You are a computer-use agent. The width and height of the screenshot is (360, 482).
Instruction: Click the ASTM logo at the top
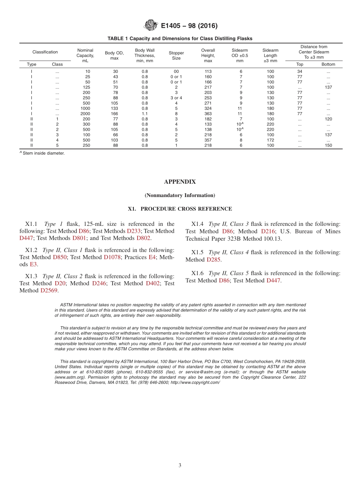[x=150, y=26]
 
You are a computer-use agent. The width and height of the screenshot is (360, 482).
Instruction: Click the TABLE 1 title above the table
[x=180, y=39]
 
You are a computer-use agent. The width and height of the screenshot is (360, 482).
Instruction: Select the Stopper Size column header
[x=176, y=56]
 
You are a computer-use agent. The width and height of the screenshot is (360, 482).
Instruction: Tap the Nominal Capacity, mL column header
[x=85, y=55]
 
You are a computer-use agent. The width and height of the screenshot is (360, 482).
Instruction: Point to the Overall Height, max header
[x=208, y=55]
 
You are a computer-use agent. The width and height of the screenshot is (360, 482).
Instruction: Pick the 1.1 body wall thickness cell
[x=145, y=114]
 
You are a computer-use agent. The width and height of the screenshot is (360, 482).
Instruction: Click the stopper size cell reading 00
[x=176, y=71]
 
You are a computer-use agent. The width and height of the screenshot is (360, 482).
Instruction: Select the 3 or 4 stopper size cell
[x=176, y=98]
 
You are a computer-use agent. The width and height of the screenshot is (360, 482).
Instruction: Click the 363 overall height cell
[x=208, y=114]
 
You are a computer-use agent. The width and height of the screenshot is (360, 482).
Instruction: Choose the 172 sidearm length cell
[x=270, y=140]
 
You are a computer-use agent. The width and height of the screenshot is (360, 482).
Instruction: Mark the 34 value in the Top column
[x=299, y=71]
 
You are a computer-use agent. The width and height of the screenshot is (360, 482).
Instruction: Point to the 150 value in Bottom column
[x=328, y=145]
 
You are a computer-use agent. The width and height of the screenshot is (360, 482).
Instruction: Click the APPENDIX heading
[x=180, y=182]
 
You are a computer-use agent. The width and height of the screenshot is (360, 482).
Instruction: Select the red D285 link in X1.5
[x=213, y=260]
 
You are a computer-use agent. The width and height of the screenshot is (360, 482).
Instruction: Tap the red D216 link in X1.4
[x=268, y=231]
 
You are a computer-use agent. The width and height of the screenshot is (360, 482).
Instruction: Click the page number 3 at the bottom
[x=180, y=465]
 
